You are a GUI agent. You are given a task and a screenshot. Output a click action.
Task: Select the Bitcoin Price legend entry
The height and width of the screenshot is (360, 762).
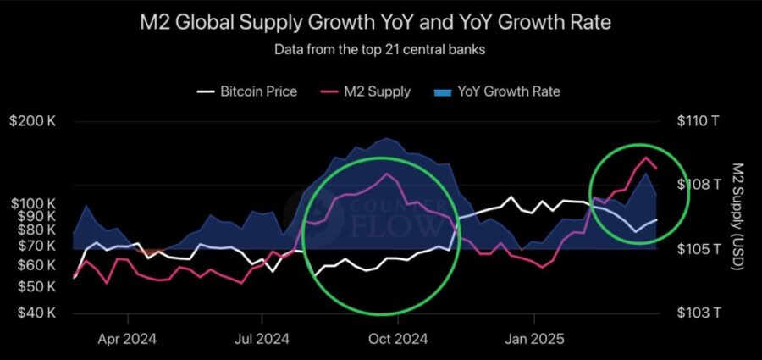pos(247,91)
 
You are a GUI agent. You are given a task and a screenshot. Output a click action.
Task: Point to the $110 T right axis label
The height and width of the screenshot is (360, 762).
pos(698,121)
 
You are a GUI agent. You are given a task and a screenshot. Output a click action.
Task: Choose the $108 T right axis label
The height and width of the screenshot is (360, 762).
pos(698,185)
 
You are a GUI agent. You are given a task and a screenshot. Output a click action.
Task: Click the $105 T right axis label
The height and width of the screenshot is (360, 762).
pos(698,249)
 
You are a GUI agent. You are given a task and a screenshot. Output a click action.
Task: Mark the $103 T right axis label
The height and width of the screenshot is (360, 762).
pos(698,313)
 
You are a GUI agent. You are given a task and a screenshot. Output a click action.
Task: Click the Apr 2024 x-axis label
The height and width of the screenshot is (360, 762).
pos(128,340)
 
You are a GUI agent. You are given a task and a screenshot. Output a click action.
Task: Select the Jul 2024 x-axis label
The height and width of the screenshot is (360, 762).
pos(261,340)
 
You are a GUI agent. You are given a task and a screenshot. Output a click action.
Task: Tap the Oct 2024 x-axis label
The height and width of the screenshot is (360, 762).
pos(398,340)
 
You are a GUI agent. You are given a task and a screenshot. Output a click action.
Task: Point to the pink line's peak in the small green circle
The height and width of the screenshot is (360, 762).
pos(647,158)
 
